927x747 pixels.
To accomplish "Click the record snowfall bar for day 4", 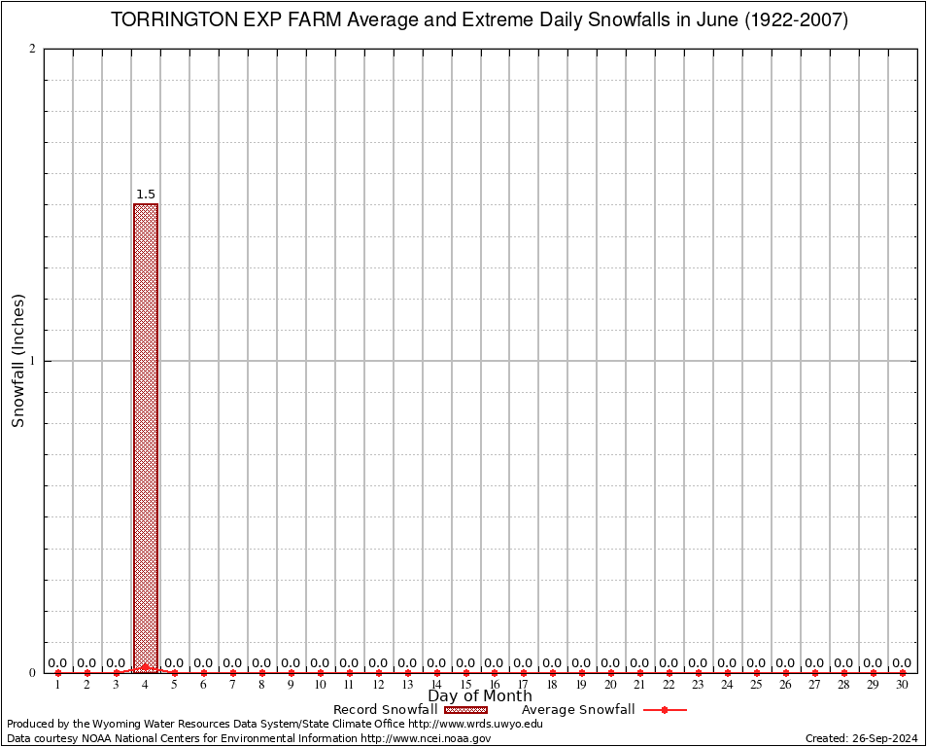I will pyautogui.click(x=146, y=438).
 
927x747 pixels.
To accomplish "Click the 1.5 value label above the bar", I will pyautogui.click(x=146, y=195).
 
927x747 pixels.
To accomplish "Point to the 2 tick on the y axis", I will pyautogui.click(x=32, y=50).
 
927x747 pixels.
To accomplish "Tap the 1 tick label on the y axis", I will pyautogui.click(x=32, y=361).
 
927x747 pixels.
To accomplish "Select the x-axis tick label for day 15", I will pyautogui.click(x=465, y=685).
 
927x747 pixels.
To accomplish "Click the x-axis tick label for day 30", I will pyautogui.click(x=902, y=685).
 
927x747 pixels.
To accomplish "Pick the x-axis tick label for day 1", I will pyautogui.click(x=58, y=685).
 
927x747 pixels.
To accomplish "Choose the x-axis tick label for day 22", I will pyautogui.click(x=669, y=685).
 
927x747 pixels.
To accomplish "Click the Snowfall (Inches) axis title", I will pyautogui.click(x=17, y=361).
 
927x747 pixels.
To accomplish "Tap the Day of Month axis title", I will pyautogui.click(x=480, y=696).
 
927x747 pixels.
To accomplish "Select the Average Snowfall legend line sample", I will pyautogui.click(x=665, y=710).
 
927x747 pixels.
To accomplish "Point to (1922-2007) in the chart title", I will pyautogui.click(x=796, y=20).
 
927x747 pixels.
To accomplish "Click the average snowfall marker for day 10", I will pyautogui.click(x=320, y=673).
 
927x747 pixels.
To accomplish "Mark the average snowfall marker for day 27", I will pyautogui.click(x=814, y=673).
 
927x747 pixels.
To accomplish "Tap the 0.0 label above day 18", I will pyautogui.click(x=552, y=663).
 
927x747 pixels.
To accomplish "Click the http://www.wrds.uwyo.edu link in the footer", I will pyautogui.click(x=475, y=724).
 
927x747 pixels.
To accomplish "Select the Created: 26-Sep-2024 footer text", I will pyautogui.click(x=862, y=738).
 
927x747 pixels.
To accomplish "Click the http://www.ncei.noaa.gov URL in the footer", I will pyautogui.click(x=426, y=738).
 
